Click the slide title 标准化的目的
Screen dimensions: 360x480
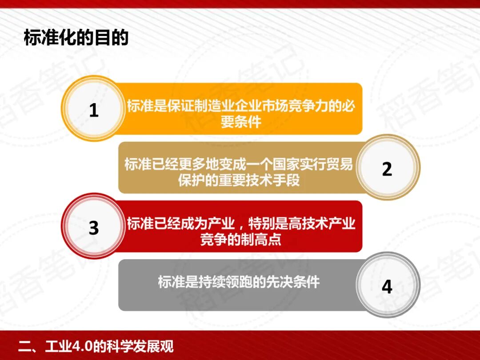[x=76, y=38]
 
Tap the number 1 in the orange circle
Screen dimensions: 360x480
[x=93, y=110]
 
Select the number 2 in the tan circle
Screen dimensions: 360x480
[x=387, y=169]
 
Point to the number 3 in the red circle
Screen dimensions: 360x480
[x=93, y=228]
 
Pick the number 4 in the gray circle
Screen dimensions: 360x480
[x=387, y=287]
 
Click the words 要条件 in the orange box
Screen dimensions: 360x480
[x=240, y=122]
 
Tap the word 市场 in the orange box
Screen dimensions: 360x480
[x=275, y=107]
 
